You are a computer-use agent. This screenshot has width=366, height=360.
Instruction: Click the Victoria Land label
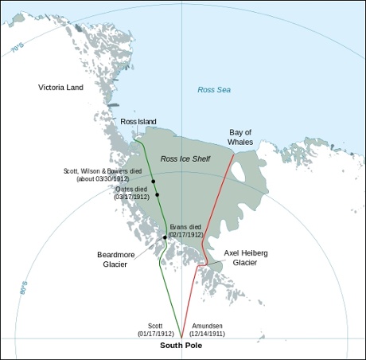point(62,85)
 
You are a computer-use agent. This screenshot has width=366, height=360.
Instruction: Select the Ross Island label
point(139,121)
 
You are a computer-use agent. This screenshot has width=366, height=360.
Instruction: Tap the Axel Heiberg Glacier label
point(246,257)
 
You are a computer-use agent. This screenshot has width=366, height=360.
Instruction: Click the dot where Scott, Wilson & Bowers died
point(153,182)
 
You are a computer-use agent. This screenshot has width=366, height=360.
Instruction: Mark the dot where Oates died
point(158,194)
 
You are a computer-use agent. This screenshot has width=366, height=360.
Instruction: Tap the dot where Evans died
point(165,237)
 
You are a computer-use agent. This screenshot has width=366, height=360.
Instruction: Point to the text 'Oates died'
point(132,189)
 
